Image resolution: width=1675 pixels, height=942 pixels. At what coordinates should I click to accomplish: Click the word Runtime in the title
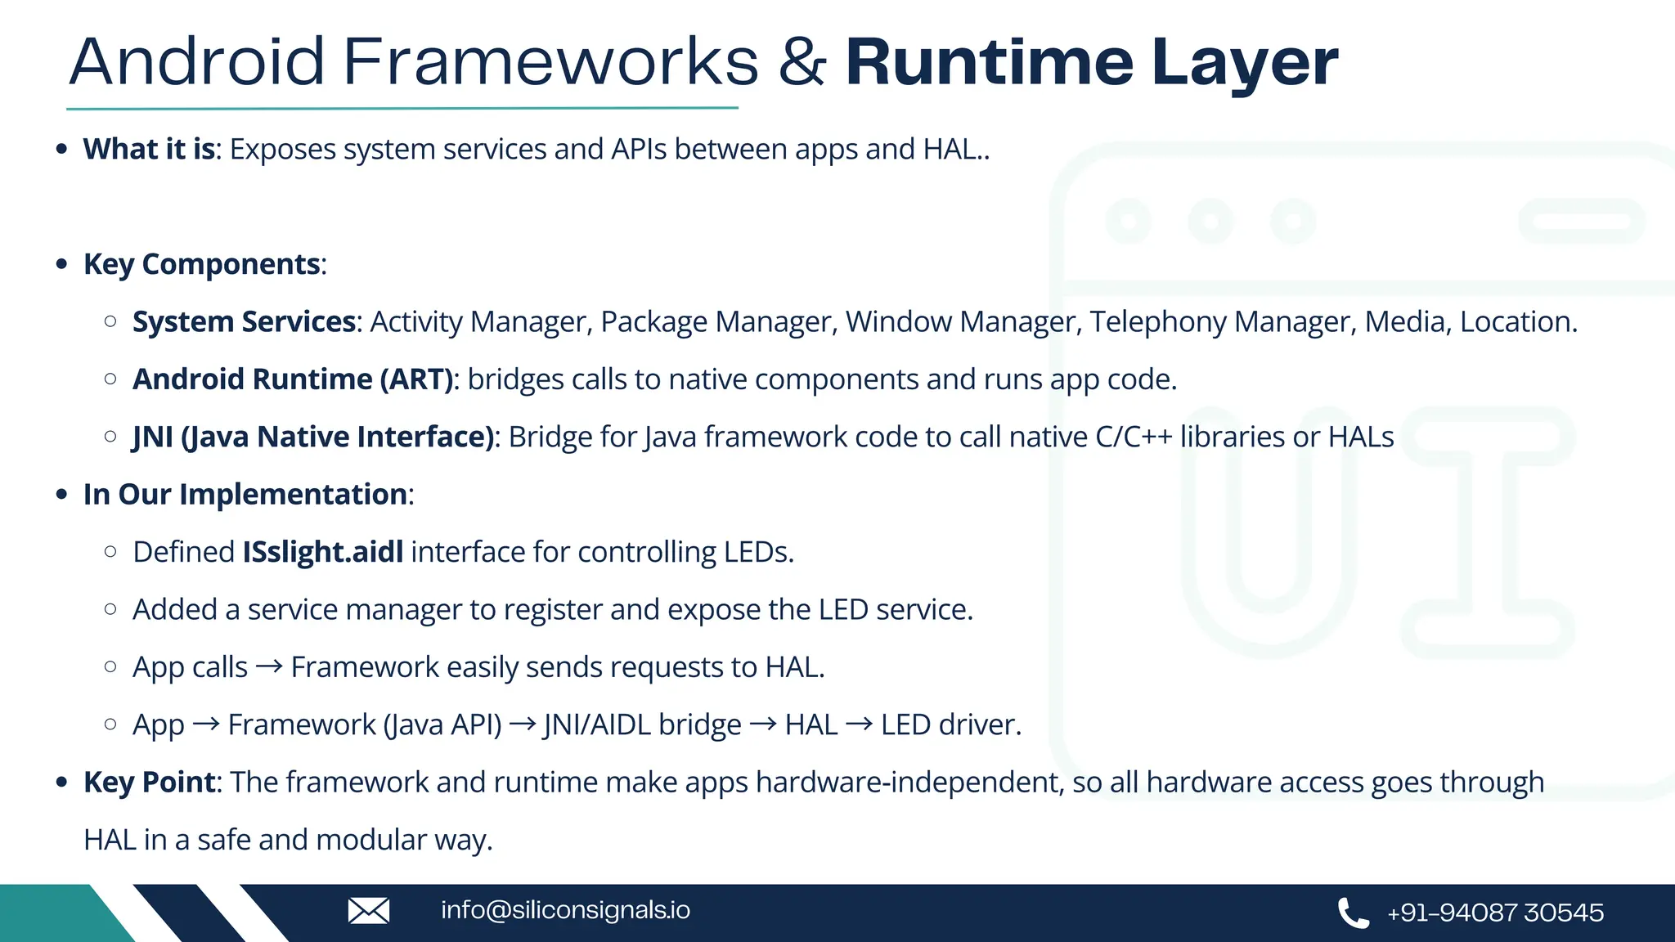click(989, 63)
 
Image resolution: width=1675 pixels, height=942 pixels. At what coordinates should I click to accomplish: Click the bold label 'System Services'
click(244, 322)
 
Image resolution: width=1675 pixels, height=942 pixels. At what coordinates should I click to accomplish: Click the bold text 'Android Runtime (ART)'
click(294, 379)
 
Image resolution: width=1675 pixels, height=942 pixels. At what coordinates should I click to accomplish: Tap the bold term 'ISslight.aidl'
click(323, 552)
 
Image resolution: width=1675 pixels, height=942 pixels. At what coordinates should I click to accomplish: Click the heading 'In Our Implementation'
click(245, 495)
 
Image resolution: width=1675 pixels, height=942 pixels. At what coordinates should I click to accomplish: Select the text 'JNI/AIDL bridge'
click(642, 725)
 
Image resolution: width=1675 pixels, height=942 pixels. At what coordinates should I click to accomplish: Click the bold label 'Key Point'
click(150, 783)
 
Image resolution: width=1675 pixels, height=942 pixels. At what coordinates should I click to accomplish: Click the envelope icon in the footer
click(369, 910)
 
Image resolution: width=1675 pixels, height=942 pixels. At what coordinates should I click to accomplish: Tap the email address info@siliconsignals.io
click(565, 910)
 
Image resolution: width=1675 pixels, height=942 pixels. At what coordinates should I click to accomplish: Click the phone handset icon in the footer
click(1353, 913)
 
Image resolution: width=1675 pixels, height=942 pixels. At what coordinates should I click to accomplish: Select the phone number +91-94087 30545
click(1495, 913)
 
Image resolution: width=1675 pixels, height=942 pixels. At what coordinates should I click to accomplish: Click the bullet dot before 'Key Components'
click(61, 265)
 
